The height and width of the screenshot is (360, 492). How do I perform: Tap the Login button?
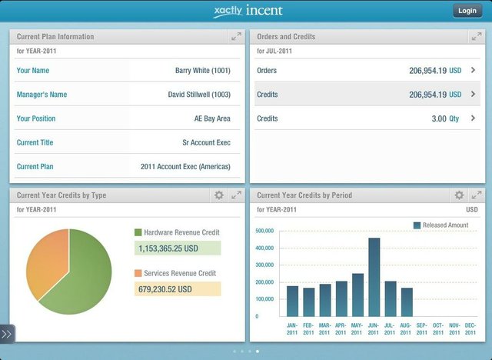467,11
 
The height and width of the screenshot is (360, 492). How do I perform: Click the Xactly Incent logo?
248,11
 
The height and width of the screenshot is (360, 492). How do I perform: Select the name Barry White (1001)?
202,71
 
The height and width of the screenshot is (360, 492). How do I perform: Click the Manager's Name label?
42,95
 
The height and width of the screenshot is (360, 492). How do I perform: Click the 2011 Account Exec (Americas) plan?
185,166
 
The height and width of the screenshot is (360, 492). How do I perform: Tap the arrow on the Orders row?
473,71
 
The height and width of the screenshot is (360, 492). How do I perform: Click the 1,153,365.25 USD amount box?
177,248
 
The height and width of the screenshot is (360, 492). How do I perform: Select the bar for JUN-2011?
374,277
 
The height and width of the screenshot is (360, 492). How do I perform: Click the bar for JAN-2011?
292,301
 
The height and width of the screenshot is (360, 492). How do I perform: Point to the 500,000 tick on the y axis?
265,231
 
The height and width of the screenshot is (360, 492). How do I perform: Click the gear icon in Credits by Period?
459,195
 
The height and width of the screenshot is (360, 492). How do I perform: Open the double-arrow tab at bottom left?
7,334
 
